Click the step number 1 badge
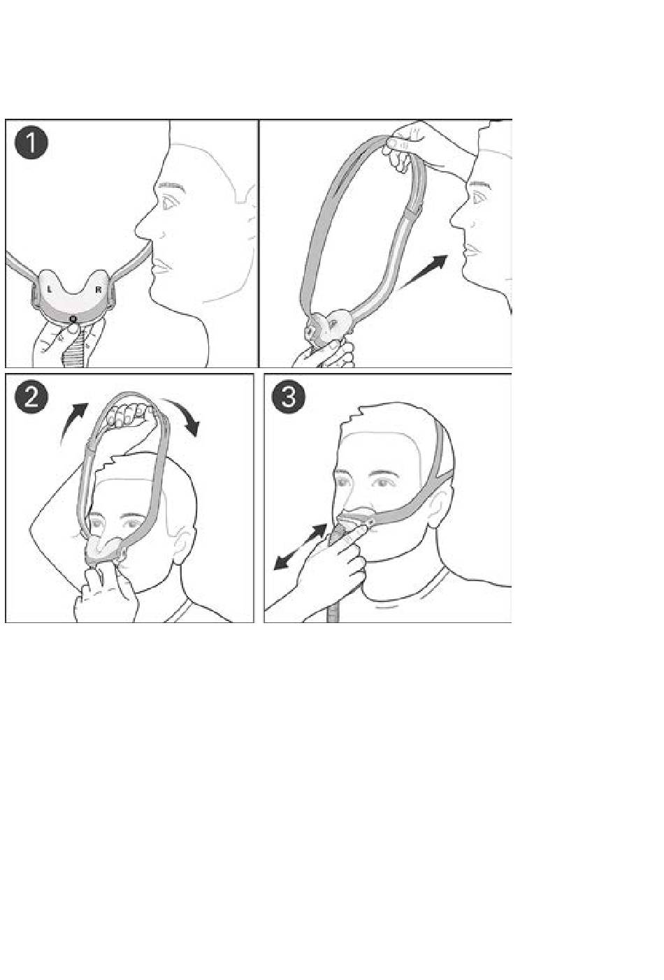pyautogui.click(x=31, y=143)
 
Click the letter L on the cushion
pyautogui.click(x=50, y=289)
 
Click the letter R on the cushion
pyautogui.click(x=98, y=289)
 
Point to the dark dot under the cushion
pyautogui.click(x=73, y=318)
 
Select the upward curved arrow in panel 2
pyautogui.click(x=73, y=422)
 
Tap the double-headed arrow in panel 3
pyautogui.click(x=301, y=547)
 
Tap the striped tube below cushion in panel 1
pyautogui.click(x=75, y=348)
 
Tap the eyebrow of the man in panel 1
pyautogui.click(x=171, y=186)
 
